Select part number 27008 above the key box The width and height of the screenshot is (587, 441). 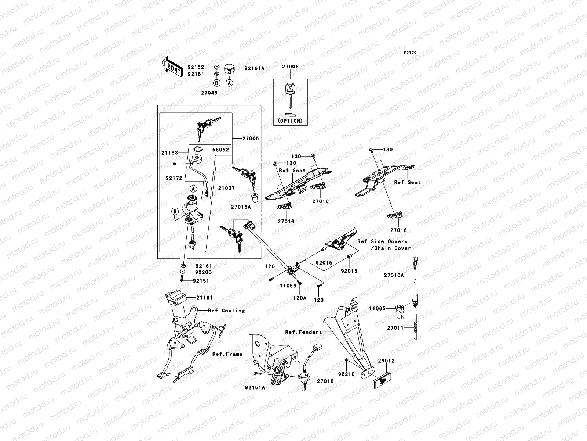(x=290, y=67)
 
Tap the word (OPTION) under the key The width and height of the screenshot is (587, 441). (x=290, y=121)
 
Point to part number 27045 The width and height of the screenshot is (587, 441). (x=209, y=93)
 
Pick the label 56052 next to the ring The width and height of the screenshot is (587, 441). (x=220, y=150)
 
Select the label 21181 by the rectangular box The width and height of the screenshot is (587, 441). (x=204, y=297)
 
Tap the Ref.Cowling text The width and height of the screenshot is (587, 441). (x=226, y=311)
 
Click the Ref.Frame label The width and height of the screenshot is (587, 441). (x=227, y=354)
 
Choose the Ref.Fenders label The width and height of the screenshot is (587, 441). (x=303, y=332)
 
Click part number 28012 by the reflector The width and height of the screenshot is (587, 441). (x=386, y=361)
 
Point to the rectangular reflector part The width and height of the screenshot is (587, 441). (x=384, y=382)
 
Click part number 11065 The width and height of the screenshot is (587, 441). (x=377, y=309)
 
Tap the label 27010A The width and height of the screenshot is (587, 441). (x=394, y=275)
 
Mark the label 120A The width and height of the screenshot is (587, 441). (x=299, y=298)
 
